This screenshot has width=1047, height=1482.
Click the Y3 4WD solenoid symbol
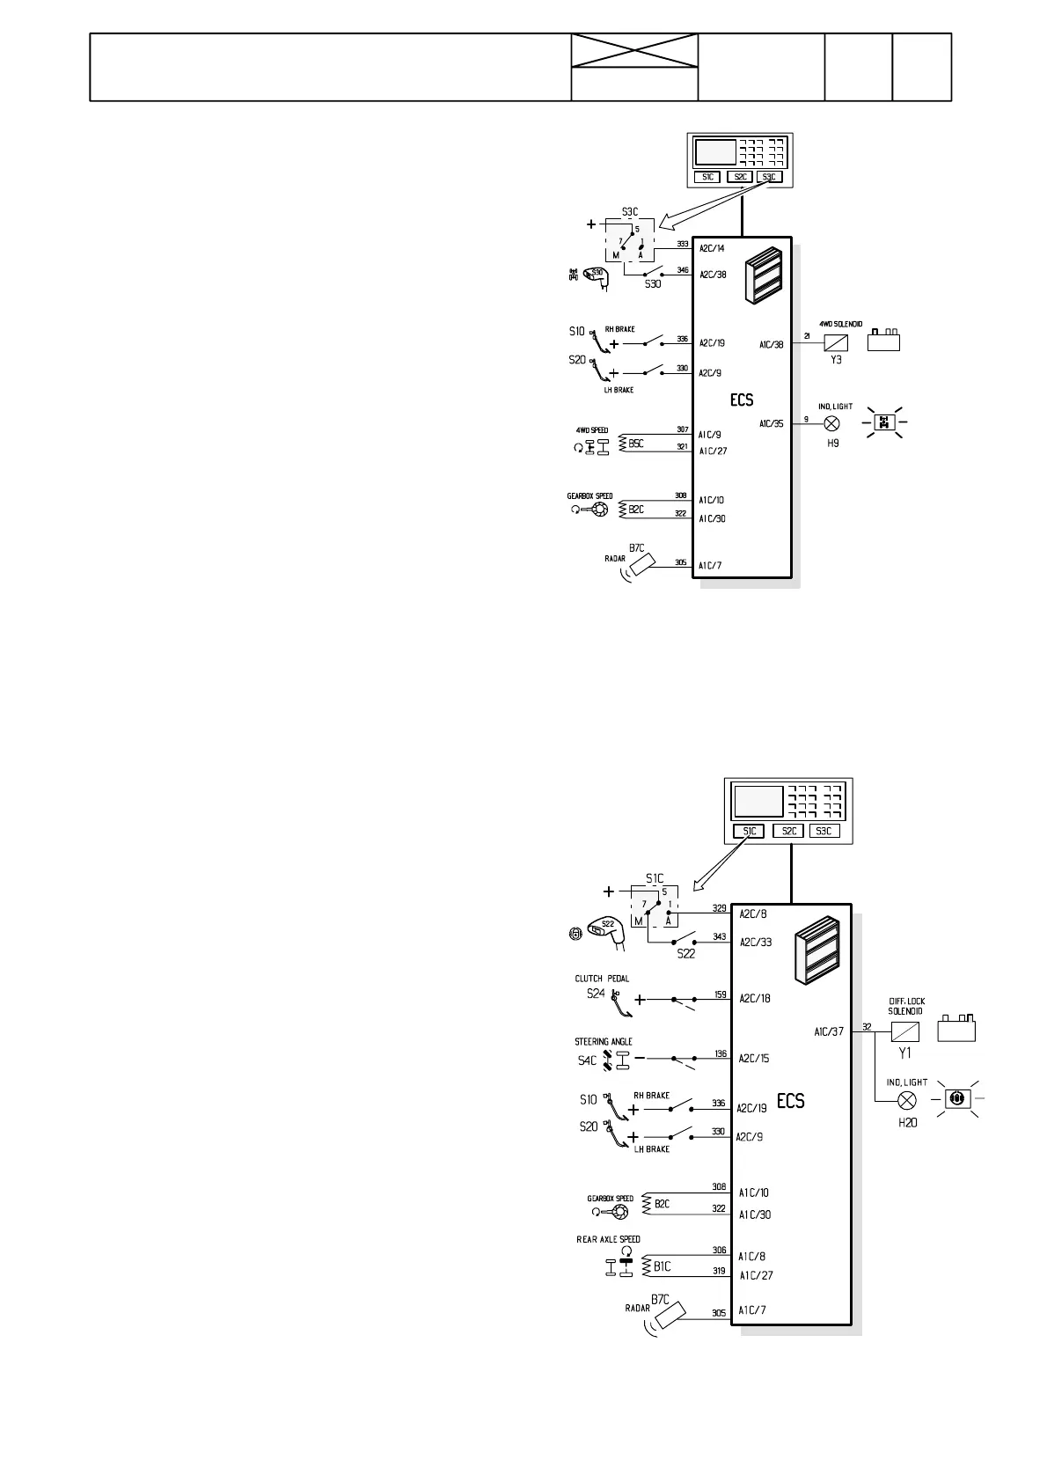coord(836,343)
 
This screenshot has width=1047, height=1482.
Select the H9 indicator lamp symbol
coord(832,423)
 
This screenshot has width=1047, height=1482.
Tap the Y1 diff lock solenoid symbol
coord(905,1031)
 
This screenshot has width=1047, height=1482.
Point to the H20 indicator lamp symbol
coord(905,1100)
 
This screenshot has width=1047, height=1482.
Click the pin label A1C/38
coord(771,345)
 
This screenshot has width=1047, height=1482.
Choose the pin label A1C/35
coord(771,424)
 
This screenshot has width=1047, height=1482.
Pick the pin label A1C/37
coord(828,1031)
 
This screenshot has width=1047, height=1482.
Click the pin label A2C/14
coord(712,248)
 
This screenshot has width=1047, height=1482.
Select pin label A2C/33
coord(755,942)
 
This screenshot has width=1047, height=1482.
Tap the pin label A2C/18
coord(754,999)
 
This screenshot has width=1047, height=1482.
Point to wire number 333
coord(683,244)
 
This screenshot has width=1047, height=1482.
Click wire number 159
coord(721,994)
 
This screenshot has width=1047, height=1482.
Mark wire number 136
coord(721,1054)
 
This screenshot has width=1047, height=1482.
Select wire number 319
coord(719,1271)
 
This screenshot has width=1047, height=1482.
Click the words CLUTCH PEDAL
coord(602,979)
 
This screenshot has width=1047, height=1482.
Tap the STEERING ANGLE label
coord(603,1042)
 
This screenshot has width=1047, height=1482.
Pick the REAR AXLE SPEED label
coord(608,1239)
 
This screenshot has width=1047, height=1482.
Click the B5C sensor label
coord(636,444)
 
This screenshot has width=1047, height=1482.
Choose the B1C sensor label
coord(662,1266)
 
